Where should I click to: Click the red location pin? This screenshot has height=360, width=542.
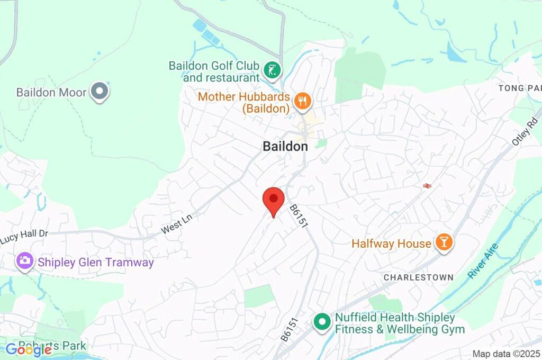tap(274, 200)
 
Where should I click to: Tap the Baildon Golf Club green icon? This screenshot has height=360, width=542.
tap(273, 70)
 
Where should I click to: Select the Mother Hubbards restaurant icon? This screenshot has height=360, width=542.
tap(303, 101)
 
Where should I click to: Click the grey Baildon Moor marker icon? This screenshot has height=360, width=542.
tap(99, 92)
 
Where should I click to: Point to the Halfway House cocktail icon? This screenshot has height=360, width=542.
tap(443, 242)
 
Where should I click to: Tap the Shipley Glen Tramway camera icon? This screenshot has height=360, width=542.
tap(24, 262)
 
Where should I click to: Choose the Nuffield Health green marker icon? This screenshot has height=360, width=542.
tap(321, 321)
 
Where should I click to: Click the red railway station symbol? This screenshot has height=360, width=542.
tap(427, 185)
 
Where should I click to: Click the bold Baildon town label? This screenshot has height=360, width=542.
tap(285, 147)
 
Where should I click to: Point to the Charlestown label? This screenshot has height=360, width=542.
tap(418, 277)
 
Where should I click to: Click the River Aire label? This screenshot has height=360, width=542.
tap(483, 260)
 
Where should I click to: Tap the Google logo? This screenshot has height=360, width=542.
tap(29, 349)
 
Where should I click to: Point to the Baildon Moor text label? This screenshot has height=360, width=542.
tap(51, 92)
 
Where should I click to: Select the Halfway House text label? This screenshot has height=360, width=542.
tap(391, 244)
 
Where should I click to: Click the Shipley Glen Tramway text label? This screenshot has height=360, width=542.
tap(95, 262)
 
